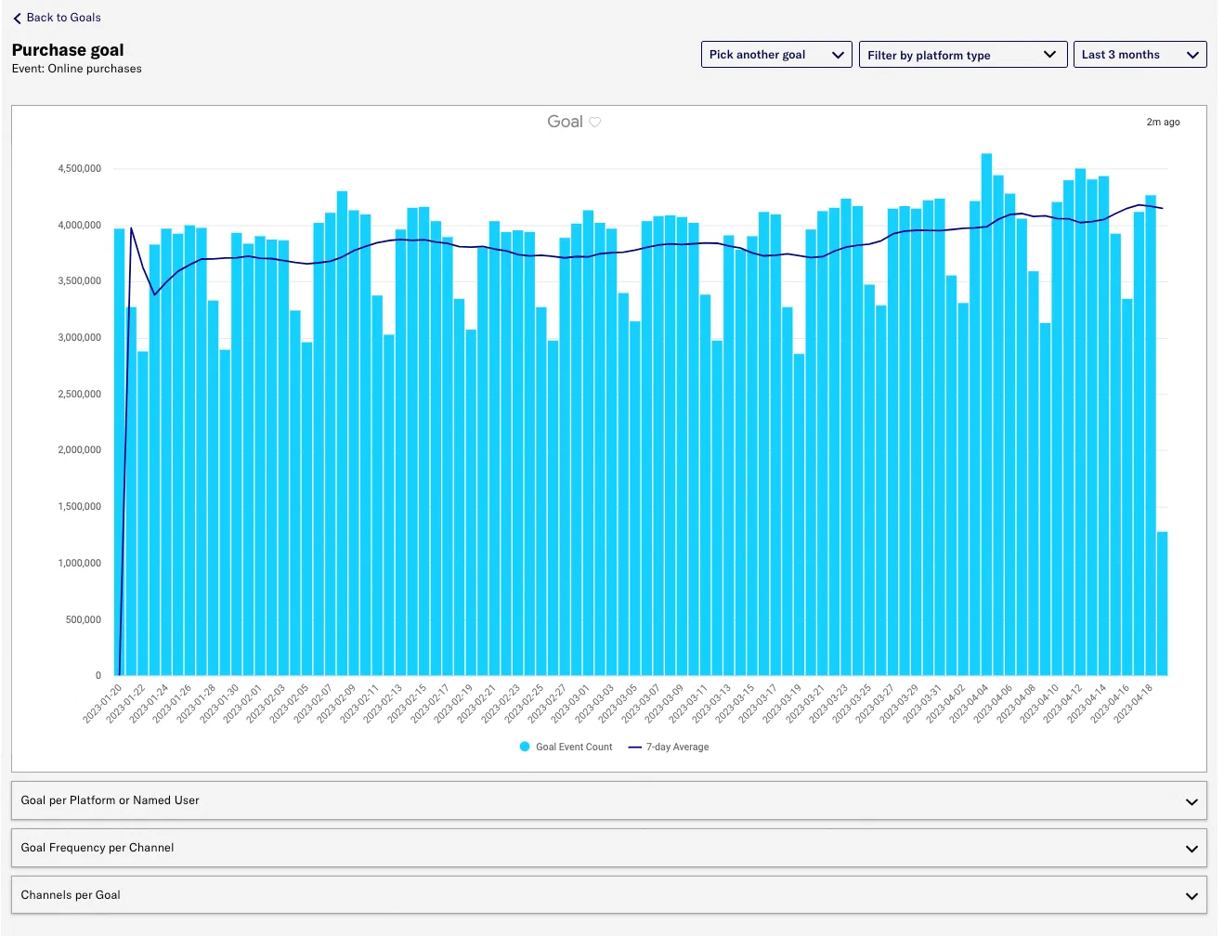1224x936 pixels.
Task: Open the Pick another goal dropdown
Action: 775,55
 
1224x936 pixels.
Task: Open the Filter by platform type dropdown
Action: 962,55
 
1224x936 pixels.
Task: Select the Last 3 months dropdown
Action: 1139,55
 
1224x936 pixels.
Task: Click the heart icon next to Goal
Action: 595,122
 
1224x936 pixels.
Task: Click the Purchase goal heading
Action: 68,50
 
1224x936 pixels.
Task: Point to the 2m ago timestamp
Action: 1163,122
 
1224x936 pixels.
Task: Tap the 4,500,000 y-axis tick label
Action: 80,169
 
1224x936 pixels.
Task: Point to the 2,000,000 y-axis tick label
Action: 80,450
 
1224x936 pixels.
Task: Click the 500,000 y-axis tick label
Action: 84,619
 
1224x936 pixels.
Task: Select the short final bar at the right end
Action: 1162,604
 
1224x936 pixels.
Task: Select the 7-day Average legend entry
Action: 670,747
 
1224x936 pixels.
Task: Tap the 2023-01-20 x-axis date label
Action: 103,704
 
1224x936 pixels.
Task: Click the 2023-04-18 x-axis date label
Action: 1133,704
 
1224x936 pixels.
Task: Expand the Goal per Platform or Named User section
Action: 608,800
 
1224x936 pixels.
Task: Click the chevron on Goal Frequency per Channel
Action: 1191,849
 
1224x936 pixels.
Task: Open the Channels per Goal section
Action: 608,895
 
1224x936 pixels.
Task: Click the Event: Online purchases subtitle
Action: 77,69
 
